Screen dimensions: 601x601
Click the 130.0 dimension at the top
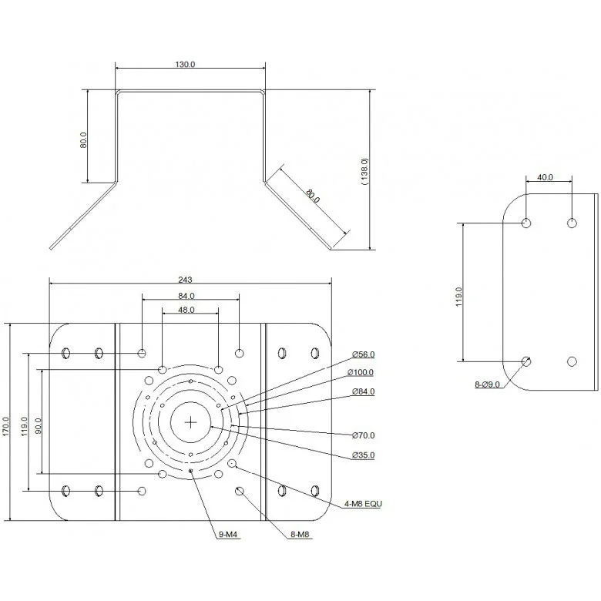point(185,65)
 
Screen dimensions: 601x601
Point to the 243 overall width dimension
point(185,279)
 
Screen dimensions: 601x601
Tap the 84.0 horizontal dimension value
point(186,295)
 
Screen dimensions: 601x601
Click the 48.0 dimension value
point(186,310)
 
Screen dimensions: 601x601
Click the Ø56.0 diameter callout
point(363,354)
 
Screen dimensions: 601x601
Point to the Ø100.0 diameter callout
point(361,373)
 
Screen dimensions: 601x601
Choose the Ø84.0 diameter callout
point(363,391)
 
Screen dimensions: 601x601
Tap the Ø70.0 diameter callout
point(363,435)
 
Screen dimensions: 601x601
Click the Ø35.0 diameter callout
point(363,455)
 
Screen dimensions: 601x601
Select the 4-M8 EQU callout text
point(363,504)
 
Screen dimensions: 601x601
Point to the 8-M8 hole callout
point(300,533)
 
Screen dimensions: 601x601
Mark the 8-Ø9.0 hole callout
point(487,383)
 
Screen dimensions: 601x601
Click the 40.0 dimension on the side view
point(545,177)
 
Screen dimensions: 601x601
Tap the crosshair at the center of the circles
point(190,421)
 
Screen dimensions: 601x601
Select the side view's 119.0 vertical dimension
point(459,297)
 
